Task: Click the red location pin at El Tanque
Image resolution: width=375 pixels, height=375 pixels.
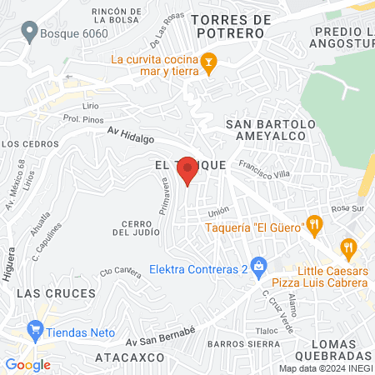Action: [188, 171]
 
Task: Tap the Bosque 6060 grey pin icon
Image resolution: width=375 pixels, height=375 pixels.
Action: [30, 33]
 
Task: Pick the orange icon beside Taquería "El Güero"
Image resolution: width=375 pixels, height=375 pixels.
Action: [313, 223]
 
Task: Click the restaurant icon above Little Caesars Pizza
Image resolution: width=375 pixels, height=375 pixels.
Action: [348, 247]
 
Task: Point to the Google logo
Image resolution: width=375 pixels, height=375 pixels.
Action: [27, 364]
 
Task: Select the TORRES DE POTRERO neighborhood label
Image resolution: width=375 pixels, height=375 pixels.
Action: [231, 25]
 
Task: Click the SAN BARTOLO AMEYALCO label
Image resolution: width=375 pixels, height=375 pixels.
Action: [272, 130]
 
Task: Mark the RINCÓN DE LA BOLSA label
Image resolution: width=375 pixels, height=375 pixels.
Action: [121, 15]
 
